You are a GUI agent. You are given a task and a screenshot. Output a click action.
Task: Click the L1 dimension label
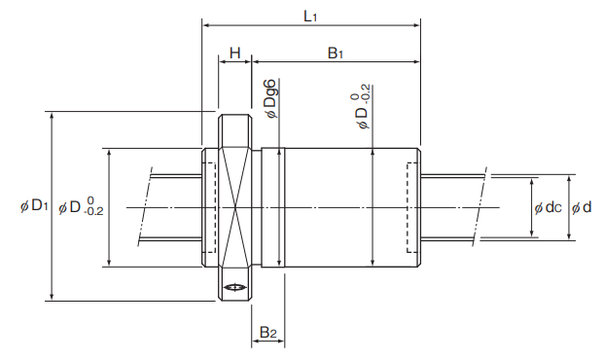pos(310,17)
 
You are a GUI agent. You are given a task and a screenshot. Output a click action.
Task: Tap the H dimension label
pos(235,53)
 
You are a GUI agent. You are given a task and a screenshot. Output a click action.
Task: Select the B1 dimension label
pos(335,54)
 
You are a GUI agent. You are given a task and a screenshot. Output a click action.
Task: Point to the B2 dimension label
pos(268,332)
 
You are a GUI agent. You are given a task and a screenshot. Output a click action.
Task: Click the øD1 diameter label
pos(34,206)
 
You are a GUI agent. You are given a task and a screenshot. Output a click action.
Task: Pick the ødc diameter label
pos(548,207)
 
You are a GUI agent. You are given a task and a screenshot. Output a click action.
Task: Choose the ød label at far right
pos(581,207)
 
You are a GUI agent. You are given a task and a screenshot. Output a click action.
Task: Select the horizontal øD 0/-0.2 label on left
pos(81,206)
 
